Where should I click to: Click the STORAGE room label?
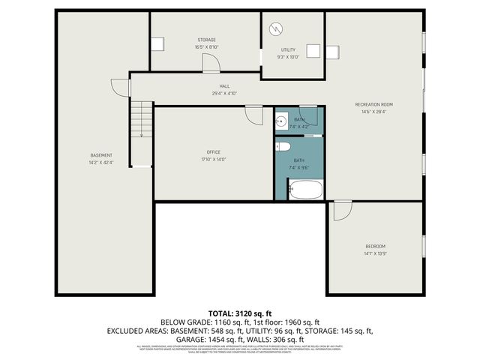(207, 40)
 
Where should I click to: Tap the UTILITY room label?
(288, 49)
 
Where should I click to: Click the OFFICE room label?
(213, 152)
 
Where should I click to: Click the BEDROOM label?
(375, 246)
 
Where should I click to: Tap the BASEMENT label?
(101, 155)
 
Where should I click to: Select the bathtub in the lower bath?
(305, 189)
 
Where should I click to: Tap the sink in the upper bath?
(282, 120)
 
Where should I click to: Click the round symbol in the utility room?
(277, 29)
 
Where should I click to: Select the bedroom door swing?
(342, 211)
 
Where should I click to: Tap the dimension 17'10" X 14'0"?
(213, 159)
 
